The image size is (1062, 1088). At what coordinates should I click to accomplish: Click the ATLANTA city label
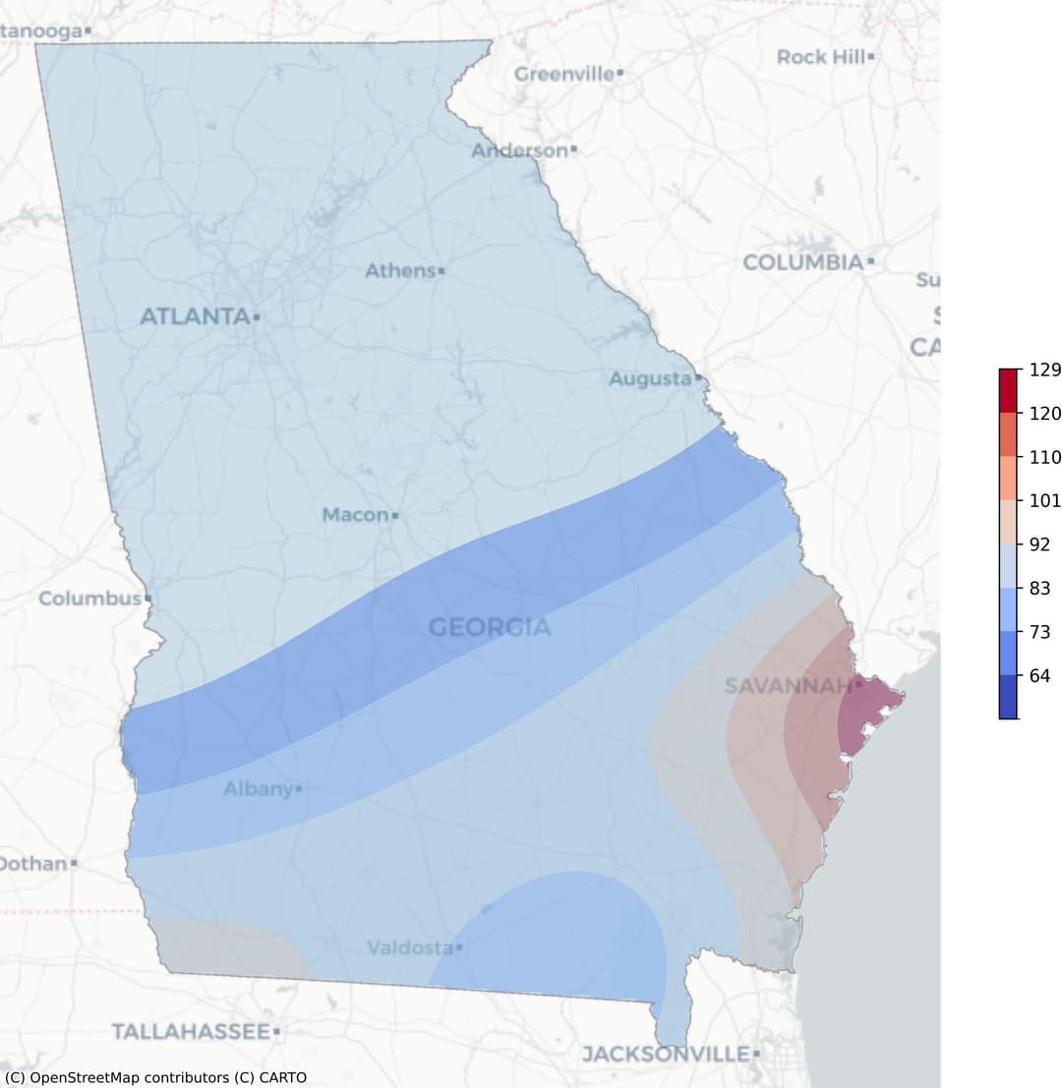[195, 316]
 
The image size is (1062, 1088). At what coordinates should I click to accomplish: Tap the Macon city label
[355, 514]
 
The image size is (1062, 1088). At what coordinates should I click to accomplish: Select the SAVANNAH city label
[787, 685]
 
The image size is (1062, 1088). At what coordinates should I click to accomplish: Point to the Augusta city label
[649, 378]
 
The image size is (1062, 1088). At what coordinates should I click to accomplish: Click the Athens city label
[400, 270]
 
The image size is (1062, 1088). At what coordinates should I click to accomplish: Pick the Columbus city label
[89, 598]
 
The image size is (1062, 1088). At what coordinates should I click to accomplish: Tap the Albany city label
[258, 788]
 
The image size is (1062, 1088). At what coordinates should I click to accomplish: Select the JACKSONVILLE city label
[665, 1054]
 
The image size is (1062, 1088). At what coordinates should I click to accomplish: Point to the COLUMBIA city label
[802, 262]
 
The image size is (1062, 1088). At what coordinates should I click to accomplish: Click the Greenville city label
[564, 74]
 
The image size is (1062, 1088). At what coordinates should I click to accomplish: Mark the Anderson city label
[519, 150]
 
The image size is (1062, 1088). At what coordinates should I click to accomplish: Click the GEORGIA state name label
[489, 627]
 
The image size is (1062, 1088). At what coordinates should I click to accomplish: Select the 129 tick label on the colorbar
[1044, 371]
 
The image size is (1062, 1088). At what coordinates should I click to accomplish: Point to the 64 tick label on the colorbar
[1039, 676]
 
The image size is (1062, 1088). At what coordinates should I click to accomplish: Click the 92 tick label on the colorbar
[1039, 544]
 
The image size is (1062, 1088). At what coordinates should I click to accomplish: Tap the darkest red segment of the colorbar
[1009, 390]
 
